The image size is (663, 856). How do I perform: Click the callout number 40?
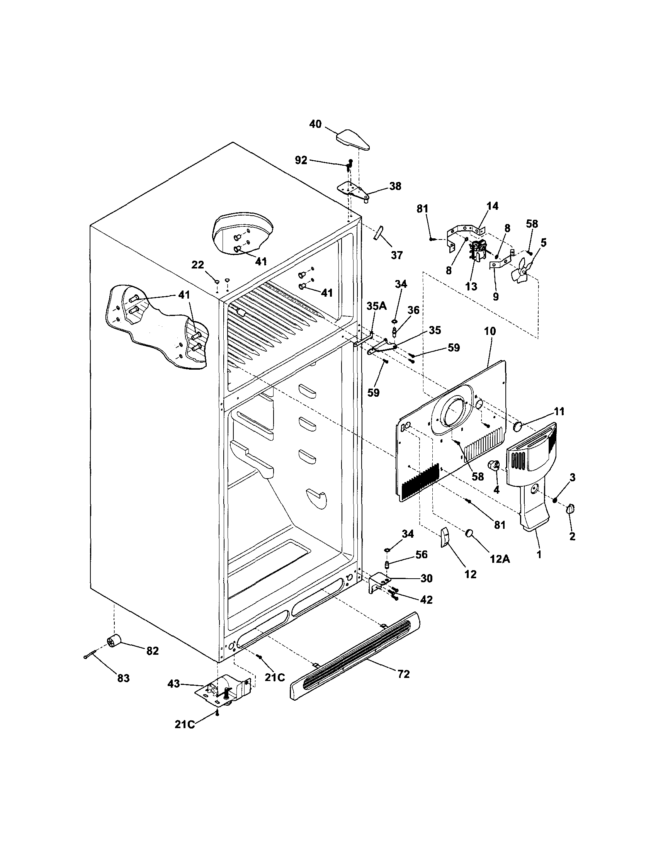[315, 124]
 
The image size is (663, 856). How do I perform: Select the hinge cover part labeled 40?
[352, 141]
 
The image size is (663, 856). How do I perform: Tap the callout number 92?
[301, 160]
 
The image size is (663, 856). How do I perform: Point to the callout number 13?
[471, 287]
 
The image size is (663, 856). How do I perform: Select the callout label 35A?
[376, 306]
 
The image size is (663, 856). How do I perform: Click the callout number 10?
[490, 331]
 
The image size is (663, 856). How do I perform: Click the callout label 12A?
[500, 559]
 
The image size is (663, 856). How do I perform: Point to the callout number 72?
[403, 674]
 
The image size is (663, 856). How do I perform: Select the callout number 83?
[123, 678]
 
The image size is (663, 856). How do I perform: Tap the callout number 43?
[173, 684]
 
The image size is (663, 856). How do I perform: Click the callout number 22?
[197, 265]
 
